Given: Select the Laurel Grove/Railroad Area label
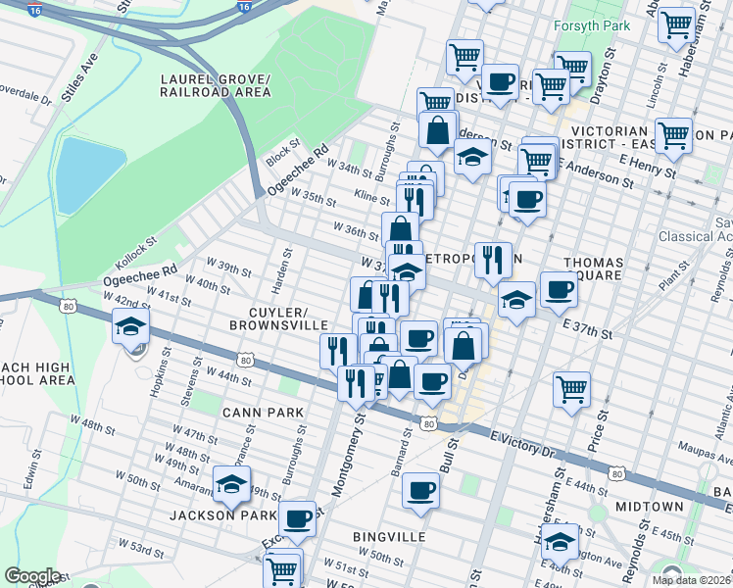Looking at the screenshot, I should (214, 85).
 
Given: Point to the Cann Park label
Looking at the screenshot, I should (263, 413).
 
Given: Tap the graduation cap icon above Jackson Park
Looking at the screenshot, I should (231, 484).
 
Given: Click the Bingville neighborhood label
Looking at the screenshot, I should (391, 538).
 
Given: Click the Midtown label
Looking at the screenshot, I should (650, 507).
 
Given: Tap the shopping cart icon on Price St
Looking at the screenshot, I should (571, 388).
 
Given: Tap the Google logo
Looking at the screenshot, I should (32, 576).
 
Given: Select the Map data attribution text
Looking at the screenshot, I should (691, 580).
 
